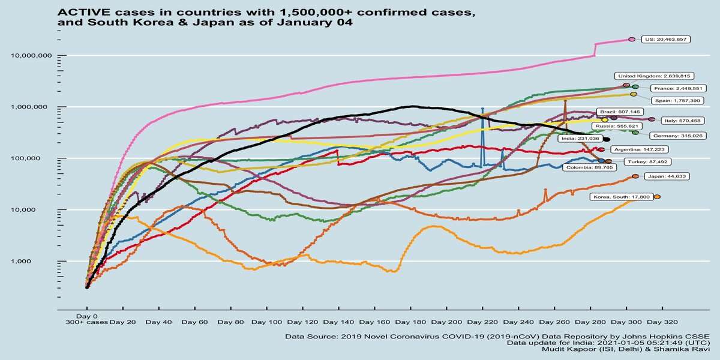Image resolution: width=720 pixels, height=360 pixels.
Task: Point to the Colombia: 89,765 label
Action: point(589,168)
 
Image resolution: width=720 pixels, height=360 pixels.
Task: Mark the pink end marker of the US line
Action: point(631,39)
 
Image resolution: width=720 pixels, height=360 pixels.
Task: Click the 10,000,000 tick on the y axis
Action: point(35,56)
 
